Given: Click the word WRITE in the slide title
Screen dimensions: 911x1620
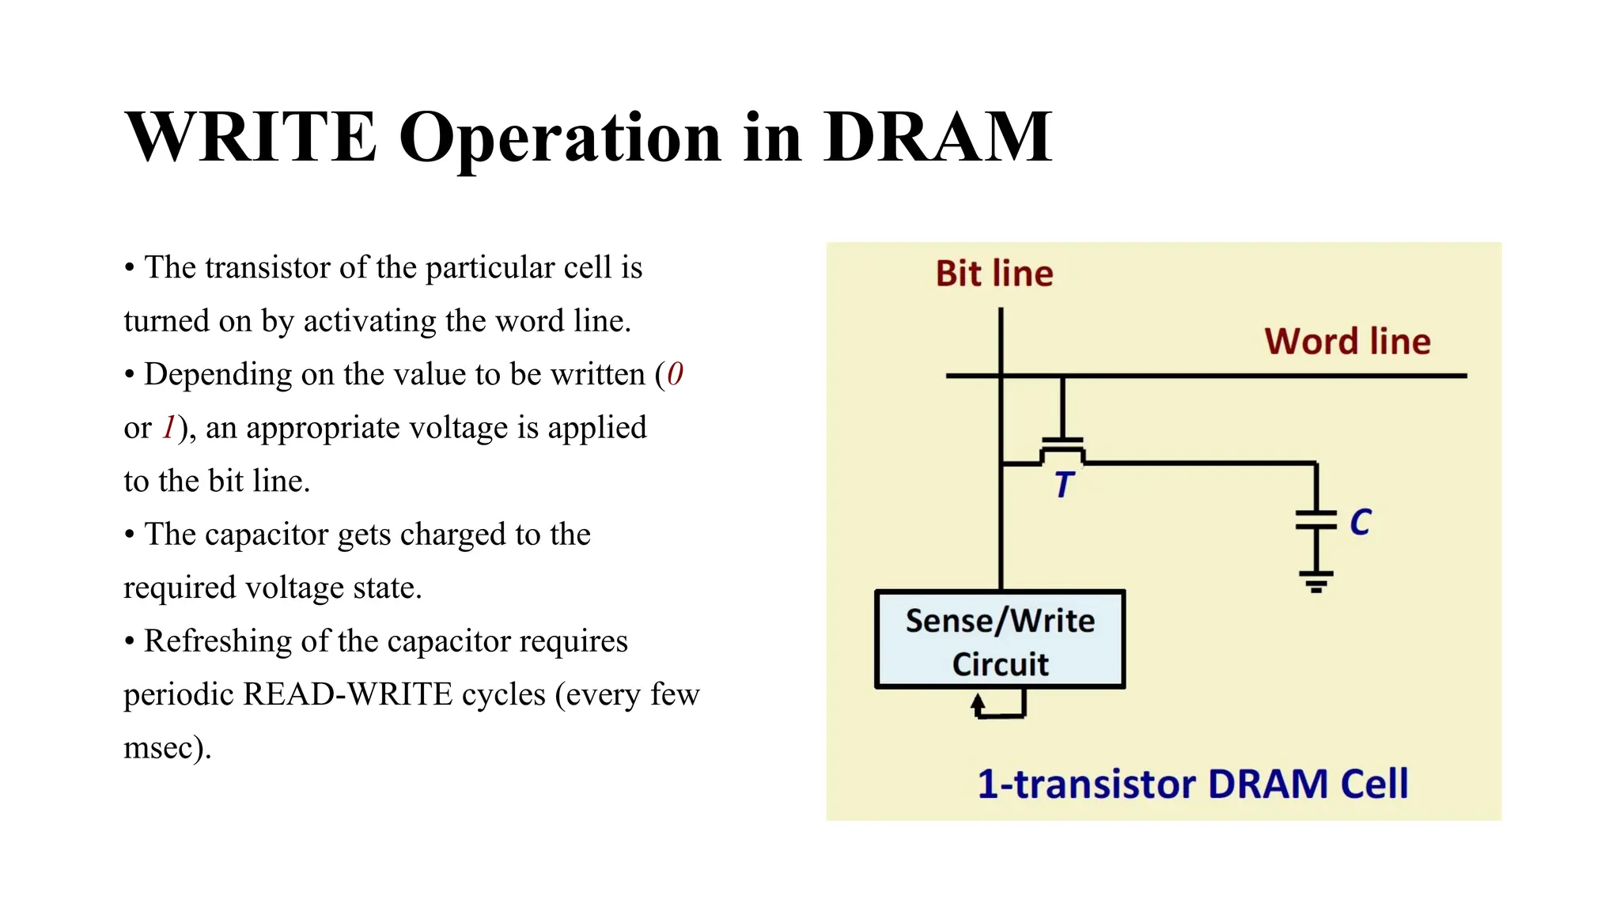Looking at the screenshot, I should point(251,138).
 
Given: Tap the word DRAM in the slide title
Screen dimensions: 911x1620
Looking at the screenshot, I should point(937,138).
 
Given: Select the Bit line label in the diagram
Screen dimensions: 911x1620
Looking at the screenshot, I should point(994,274).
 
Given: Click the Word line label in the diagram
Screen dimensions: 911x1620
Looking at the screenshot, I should point(1347,342).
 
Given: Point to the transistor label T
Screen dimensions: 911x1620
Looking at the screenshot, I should point(1064,484).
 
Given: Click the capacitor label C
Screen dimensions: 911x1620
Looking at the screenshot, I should point(1360,523).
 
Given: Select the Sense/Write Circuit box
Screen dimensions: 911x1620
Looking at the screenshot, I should point(1000,640).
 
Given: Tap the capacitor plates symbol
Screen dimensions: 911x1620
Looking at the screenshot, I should point(1315,520).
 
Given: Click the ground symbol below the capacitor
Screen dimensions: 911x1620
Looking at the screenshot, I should point(1315,581).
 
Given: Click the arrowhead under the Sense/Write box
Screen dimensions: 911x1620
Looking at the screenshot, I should point(978,701).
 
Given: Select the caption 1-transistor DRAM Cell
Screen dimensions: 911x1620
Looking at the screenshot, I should point(1193,784).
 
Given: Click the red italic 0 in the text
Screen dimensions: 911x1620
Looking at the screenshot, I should point(675,374).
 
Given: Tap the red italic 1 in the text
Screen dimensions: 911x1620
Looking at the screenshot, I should point(168,428).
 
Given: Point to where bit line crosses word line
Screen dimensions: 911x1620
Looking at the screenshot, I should point(1001,376).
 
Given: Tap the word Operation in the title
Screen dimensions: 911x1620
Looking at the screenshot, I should point(560,138).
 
